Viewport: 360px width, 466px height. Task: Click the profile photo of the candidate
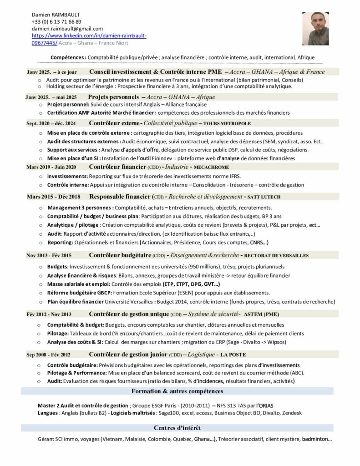tap(315, 29)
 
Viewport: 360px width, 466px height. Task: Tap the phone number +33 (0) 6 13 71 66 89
tap(57, 22)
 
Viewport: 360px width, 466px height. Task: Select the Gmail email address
tap(67, 29)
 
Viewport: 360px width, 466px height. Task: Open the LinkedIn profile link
tap(89, 36)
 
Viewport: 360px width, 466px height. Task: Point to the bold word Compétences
tap(68, 58)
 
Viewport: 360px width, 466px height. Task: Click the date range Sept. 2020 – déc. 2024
tap(51, 123)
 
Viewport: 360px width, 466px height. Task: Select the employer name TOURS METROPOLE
tap(227, 123)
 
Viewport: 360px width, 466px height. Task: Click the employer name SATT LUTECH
tap(264, 197)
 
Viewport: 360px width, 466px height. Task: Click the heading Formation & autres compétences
tap(177, 391)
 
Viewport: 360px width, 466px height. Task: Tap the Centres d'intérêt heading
tap(177, 428)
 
